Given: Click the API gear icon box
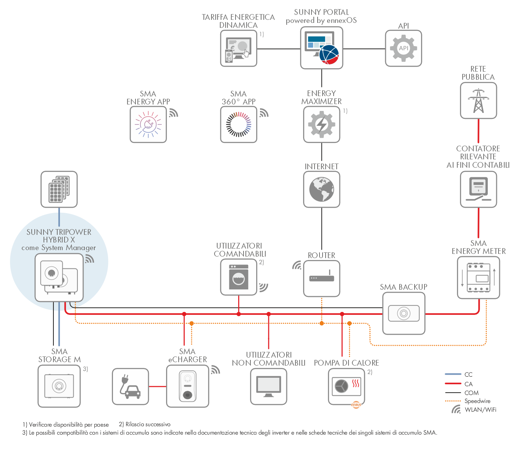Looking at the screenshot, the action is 403,48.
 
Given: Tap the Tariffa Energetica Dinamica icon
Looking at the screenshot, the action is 239,48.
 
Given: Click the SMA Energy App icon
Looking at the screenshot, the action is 148,124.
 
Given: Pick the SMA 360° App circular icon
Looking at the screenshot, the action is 239,124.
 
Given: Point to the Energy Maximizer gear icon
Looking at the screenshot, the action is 322,124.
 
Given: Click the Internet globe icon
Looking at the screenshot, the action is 322,189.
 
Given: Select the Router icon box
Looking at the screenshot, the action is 322,278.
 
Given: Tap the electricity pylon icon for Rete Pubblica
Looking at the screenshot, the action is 478,100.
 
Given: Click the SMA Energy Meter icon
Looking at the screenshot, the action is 478,278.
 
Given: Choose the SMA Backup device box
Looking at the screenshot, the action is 403,313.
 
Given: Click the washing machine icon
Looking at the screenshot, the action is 239,277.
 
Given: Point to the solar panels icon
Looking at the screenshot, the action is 59,189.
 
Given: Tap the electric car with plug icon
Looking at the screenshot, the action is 130,387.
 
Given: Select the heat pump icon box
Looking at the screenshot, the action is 346,387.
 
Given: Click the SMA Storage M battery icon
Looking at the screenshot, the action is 59,386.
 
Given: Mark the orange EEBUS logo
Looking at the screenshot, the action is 356,405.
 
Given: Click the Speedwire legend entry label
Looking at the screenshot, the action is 477,401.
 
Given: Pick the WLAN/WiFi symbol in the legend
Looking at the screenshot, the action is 456,409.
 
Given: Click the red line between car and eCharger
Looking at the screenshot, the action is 158,387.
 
